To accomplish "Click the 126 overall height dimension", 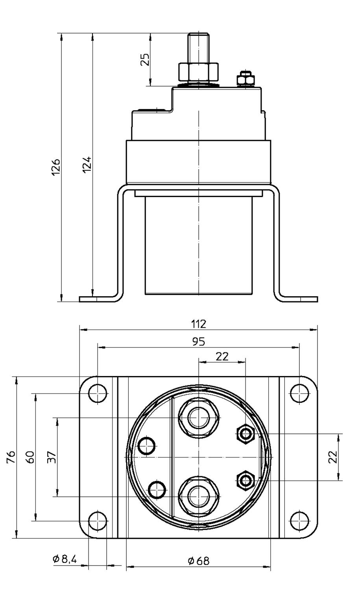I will (x=56, y=167).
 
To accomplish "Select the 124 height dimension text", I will (x=88, y=164).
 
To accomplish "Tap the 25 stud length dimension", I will (x=145, y=59).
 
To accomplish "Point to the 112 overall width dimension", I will (x=199, y=324).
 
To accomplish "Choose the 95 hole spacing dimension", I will (x=199, y=341).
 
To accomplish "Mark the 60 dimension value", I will (x=31, y=457).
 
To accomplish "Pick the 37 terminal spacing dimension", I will (x=52, y=457).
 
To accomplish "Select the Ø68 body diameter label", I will (x=198, y=560).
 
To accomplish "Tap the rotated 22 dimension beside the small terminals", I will (x=333, y=457).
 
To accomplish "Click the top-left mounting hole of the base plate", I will (x=98, y=393).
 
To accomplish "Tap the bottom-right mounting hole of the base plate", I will (x=299, y=522).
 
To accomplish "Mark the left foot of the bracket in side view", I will (x=98, y=299).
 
